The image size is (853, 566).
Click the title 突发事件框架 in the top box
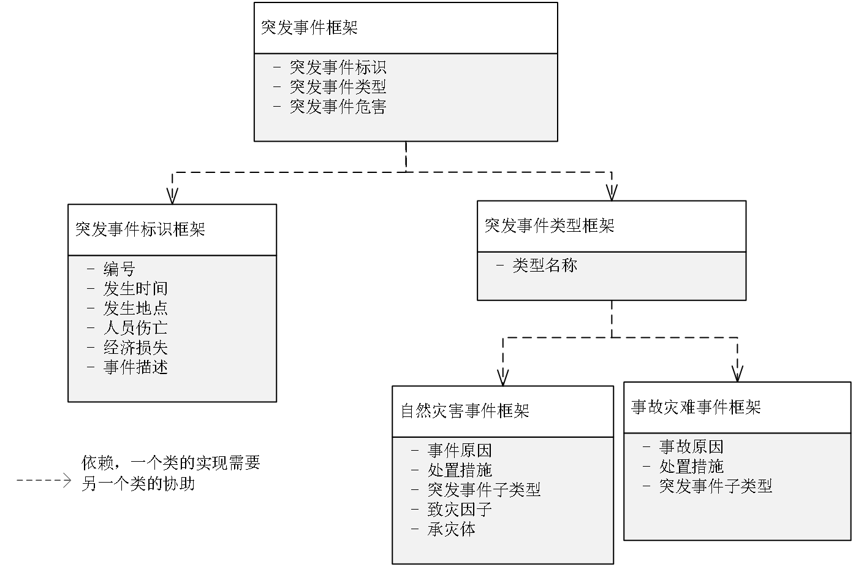click(x=309, y=28)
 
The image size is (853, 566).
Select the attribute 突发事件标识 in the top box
click(x=338, y=67)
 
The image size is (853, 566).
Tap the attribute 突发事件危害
click(x=338, y=107)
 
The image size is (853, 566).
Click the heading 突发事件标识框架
click(x=140, y=229)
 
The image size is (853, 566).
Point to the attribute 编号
click(x=119, y=269)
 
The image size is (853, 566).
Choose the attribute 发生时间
click(x=135, y=288)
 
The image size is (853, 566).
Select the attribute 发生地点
click(x=135, y=308)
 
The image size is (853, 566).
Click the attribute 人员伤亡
click(x=135, y=327)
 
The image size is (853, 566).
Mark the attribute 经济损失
click(x=135, y=348)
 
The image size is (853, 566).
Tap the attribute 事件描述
click(x=135, y=367)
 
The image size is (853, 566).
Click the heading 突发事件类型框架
click(x=549, y=226)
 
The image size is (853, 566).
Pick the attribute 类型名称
click(x=545, y=265)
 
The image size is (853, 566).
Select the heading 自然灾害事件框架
click(x=464, y=411)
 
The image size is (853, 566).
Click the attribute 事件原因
click(x=460, y=451)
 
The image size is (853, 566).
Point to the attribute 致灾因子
click(x=460, y=510)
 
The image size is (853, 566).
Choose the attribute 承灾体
click(x=452, y=529)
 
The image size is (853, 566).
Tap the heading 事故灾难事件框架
click(x=696, y=407)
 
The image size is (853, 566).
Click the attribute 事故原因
click(x=691, y=447)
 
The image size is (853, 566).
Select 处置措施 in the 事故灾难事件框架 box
click(x=691, y=467)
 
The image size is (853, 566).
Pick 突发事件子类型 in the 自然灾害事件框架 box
click(x=484, y=490)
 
